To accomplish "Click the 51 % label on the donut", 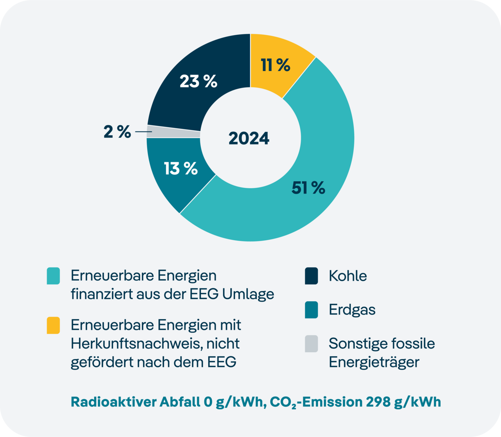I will pyautogui.click(x=308, y=188).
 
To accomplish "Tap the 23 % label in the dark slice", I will pyautogui.click(x=198, y=81).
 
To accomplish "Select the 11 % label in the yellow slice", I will pyautogui.click(x=276, y=65).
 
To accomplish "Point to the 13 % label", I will pyautogui.click(x=181, y=169).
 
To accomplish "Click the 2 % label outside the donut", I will pyautogui.click(x=117, y=132).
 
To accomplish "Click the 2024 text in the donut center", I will pyautogui.click(x=249, y=138).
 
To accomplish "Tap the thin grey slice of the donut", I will pyautogui.click(x=174, y=131).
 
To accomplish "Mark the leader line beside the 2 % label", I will pyautogui.click(x=143, y=132).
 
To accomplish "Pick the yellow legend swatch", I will pyautogui.click(x=53, y=326).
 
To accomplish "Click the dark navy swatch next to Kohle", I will pyautogui.click(x=311, y=276).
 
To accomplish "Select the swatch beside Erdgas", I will pyautogui.click(x=311, y=310).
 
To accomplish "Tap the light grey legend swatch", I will pyautogui.click(x=311, y=343).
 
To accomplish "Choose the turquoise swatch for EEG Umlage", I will pyautogui.click(x=53, y=276).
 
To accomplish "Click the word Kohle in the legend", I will pyautogui.click(x=348, y=276).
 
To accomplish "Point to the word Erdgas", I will pyautogui.click(x=352, y=310).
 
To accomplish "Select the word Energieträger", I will pyautogui.click(x=374, y=362).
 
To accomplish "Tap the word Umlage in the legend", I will pyautogui.click(x=248, y=294).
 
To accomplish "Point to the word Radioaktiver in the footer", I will pyautogui.click(x=114, y=402).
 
